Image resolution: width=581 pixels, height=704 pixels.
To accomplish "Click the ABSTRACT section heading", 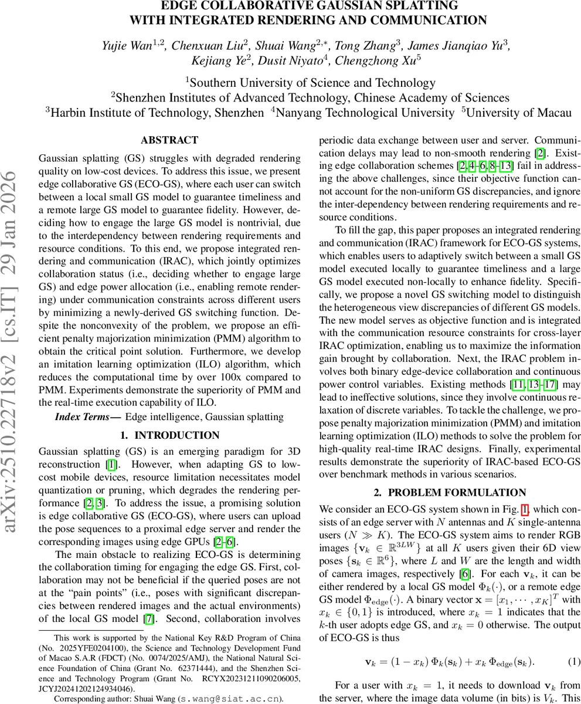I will [169, 140].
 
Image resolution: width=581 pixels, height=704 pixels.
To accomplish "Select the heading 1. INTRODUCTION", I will [169, 435].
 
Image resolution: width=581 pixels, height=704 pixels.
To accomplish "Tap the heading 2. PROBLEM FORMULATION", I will [449, 492].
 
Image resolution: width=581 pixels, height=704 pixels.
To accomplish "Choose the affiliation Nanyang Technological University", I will [363, 112].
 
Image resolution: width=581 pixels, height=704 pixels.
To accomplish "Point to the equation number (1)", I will [574, 661].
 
